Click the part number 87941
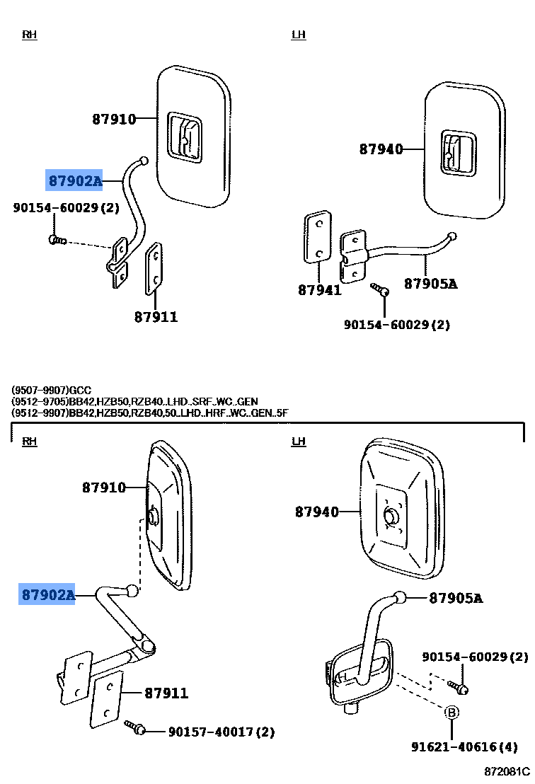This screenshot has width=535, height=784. [319, 290]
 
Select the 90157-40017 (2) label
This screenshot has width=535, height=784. [222, 732]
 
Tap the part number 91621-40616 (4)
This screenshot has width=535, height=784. [464, 747]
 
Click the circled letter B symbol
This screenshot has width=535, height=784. [451, 713]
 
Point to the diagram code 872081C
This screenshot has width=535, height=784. [507, 771]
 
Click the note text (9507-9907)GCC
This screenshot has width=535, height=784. [52, 390]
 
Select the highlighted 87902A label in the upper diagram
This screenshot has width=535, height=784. [74, 180]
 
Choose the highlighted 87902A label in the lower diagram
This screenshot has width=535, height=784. [47, 594]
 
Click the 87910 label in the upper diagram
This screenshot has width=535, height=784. [114, 119]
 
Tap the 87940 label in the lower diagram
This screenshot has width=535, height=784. [317, 512]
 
